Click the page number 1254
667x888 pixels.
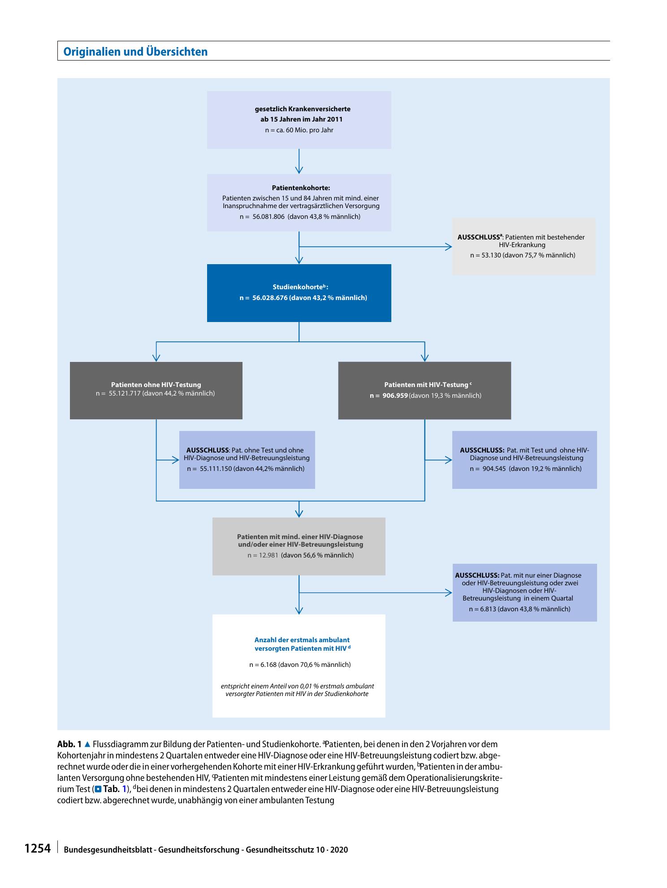(x=37, y=849)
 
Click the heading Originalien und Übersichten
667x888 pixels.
(x=135, y=52)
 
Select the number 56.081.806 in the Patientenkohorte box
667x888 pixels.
(x=269, y=217)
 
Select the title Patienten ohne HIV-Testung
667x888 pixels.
(x=156, y=385)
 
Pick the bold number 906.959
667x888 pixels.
(x=395, y=396)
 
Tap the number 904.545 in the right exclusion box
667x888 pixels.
(x=494, y=469)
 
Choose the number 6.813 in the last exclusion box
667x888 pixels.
(x=487, y=609)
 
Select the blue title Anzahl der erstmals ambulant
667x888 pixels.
(x=302, y=640)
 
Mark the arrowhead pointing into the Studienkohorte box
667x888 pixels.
(x=299, y=260)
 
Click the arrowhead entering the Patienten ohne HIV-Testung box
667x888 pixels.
(x=156, y=358)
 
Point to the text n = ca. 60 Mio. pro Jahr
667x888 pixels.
(x=299, y=130)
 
